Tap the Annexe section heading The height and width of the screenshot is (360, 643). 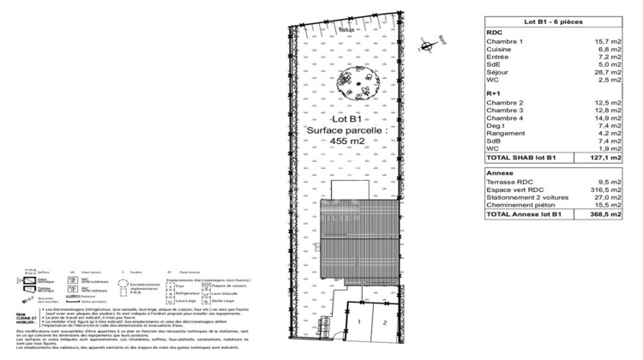499,171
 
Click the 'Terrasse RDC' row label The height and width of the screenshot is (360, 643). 509,182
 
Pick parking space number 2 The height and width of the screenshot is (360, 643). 387,322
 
